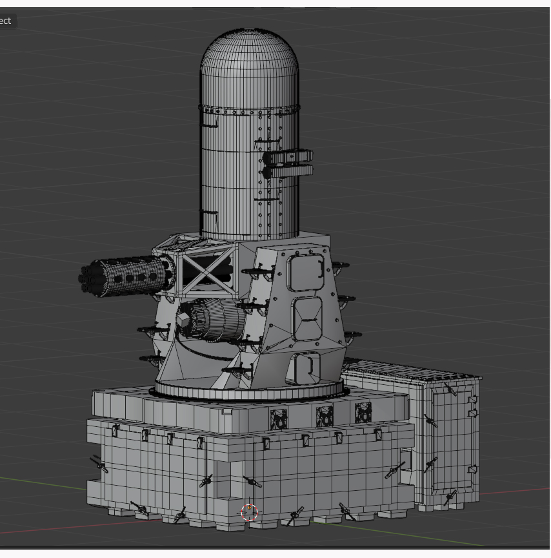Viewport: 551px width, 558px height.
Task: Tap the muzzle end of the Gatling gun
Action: (x=85, y=278)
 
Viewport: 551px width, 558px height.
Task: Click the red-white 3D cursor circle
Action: (x=249, y=512)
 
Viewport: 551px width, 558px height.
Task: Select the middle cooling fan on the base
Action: (x=324, y=416)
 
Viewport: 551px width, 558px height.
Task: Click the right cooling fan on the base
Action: (x=363, y=412)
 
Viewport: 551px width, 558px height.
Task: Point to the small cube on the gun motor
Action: (x=183, y=322)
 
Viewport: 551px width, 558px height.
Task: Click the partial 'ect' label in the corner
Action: (x=6, y=21)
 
